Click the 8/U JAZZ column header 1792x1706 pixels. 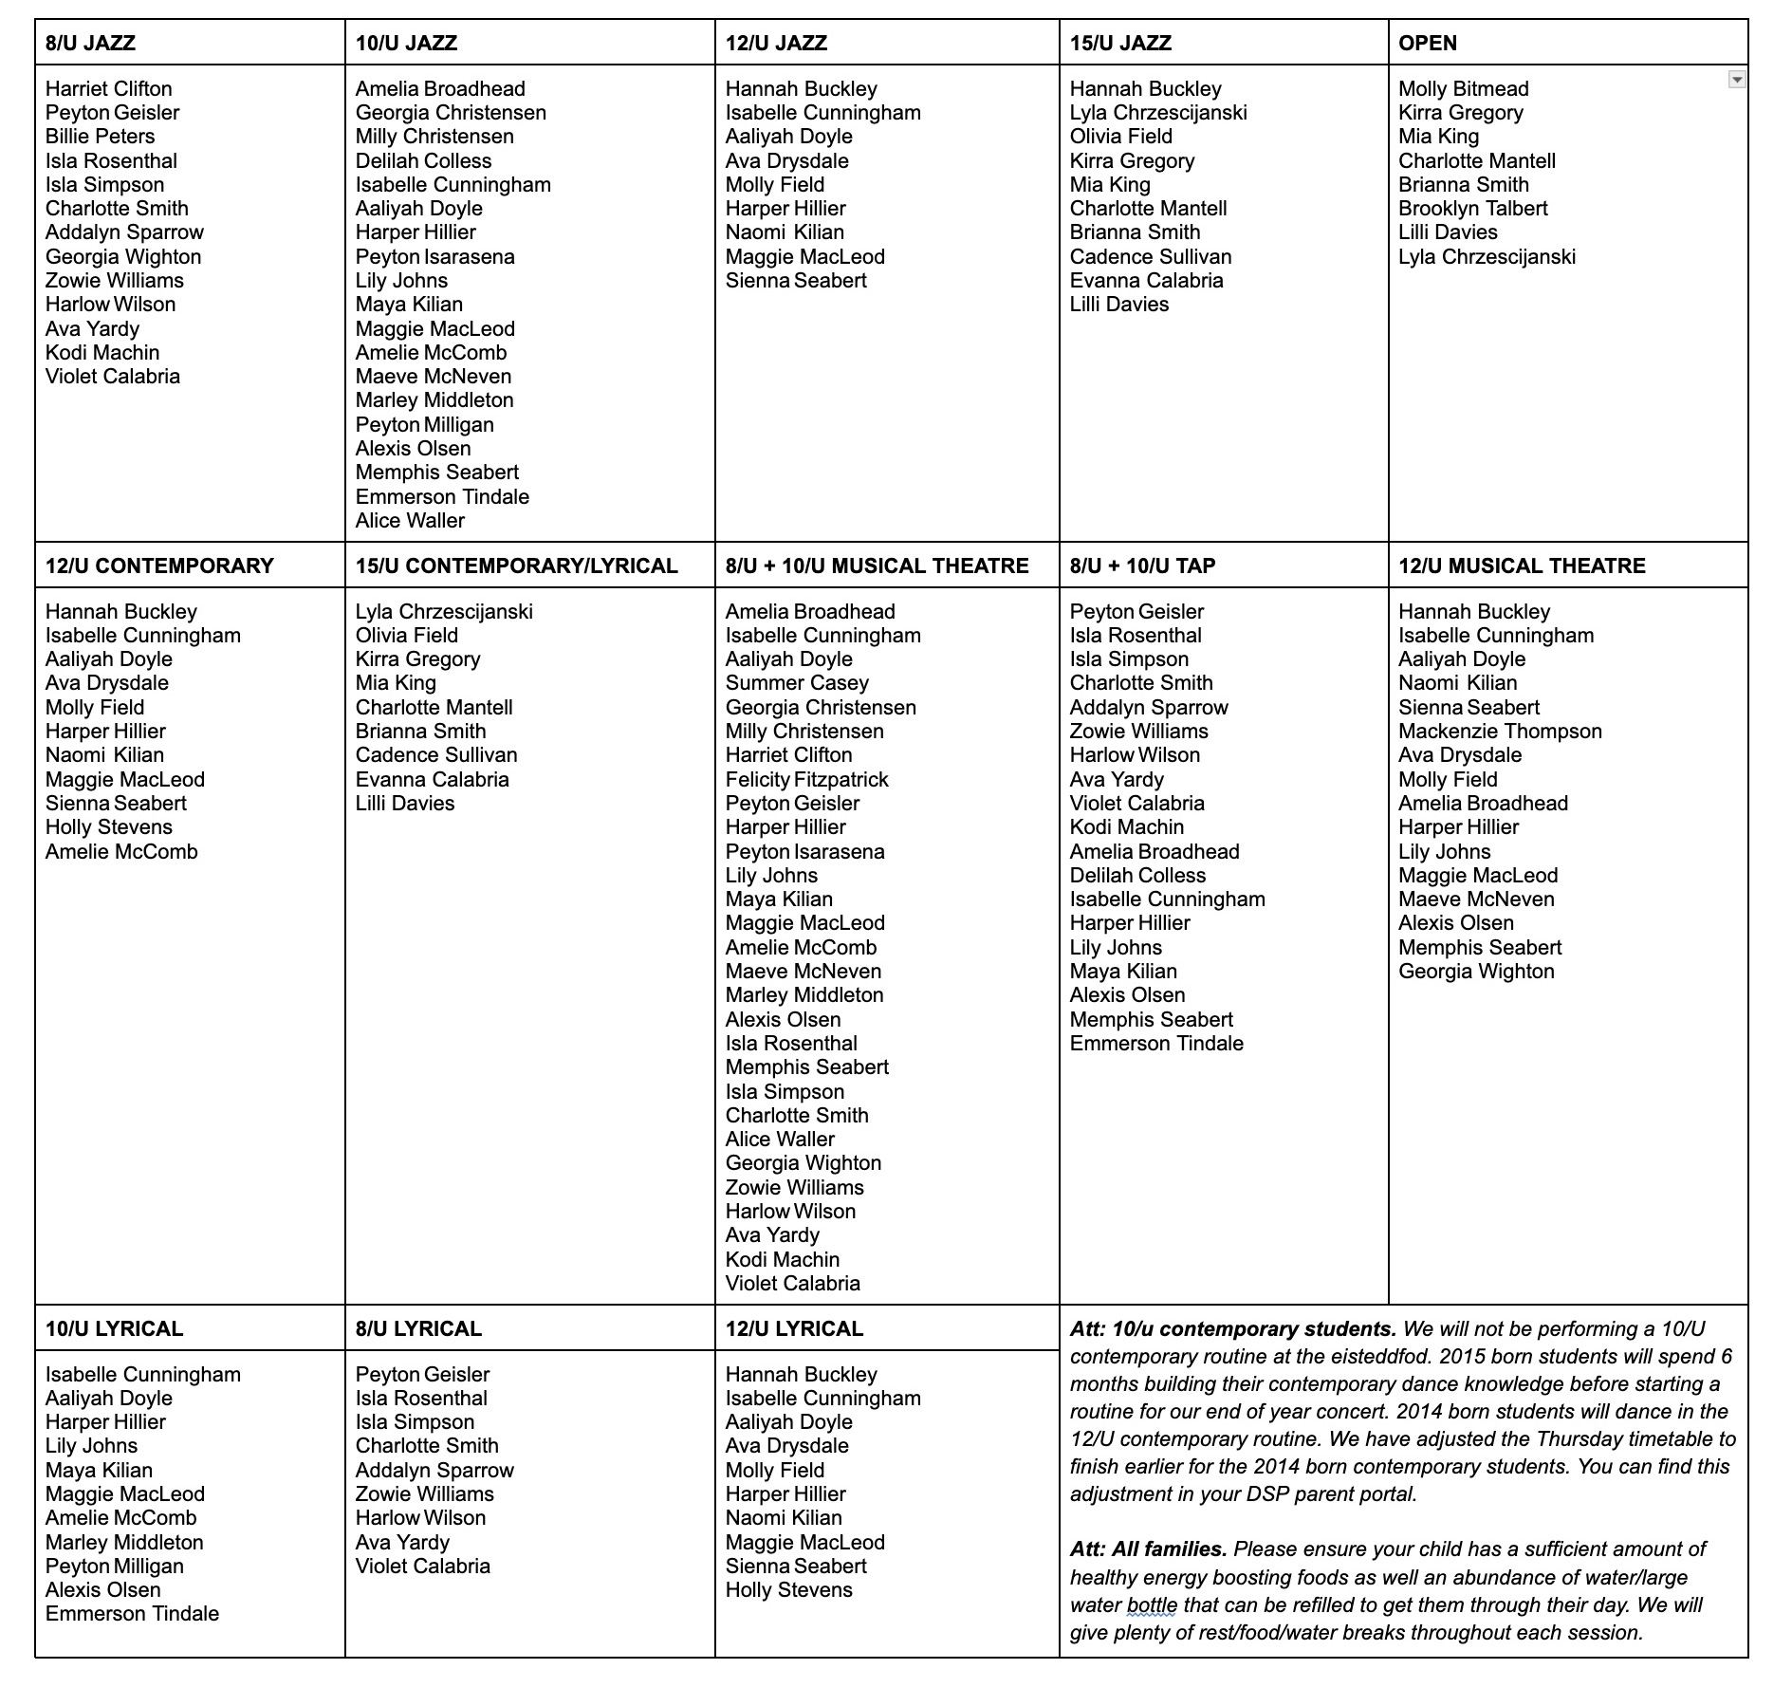(x=90, y=43)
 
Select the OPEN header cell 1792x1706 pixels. (x=1427, y=43)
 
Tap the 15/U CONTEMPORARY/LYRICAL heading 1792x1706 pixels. (x=516, y=566)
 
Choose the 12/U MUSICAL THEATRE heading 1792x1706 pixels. (x=1522, y=566)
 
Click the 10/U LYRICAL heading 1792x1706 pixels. (x=114, y=1328)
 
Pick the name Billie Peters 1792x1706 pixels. (x=100, y=136)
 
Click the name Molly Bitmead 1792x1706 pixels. (x=1463, y=88)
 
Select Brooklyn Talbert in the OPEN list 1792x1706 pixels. (x=1472, y=208)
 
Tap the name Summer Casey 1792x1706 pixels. (x=797, y=682)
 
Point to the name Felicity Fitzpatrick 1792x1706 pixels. (x=806, y=779)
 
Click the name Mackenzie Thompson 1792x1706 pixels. (x=1500, y=731)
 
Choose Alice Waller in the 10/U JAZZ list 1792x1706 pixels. (x=410, y=520)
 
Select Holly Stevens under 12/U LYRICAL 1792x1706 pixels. (x=788, y=1589)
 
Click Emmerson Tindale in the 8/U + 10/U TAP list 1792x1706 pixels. (x=1156, y=1043)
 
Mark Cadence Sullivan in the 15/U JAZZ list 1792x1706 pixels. (x=1150, y=256)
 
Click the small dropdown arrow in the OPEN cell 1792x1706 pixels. (x=1736, y=80)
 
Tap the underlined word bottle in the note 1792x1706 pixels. (x=1152, y=1605)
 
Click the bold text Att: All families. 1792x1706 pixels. (x=1148, y=1549)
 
